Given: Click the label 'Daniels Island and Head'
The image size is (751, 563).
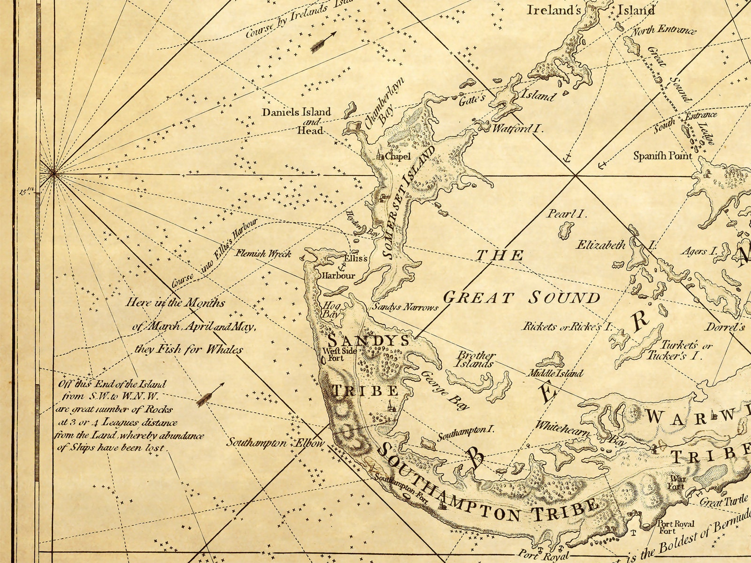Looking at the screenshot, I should pyautogui.click(x=297, y=121).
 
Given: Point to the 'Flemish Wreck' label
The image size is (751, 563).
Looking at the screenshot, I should pyautogui.click(x=264, y=254).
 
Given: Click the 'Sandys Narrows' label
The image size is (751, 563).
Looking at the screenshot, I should pyautogui.click(x=405, y=308).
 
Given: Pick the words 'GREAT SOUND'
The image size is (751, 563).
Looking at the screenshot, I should pyautogui.click(x=522, y=297).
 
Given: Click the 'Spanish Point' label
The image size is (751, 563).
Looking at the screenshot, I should pyautogui.click(x=662, y=155).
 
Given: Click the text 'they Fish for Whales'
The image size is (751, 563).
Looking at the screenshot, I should pyautogui.click(x=189, y=349).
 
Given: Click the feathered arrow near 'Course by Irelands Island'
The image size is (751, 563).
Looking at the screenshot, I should pyautogui.click(x=323, y=41).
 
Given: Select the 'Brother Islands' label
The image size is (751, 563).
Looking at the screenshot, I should pyautogui.click(x=476, y=359).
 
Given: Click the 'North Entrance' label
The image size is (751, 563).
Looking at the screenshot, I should pyautogui.click(x=663, y=31).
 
